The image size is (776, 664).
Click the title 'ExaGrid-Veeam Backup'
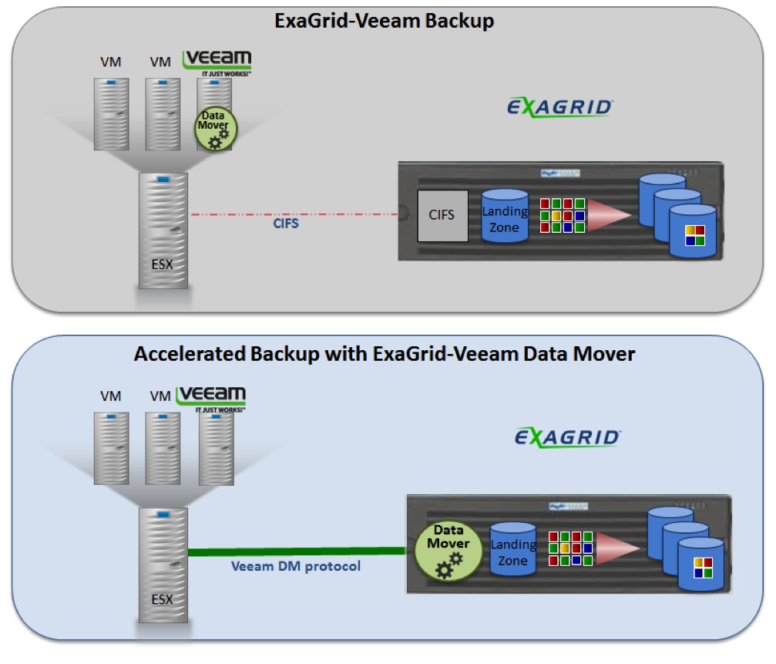(384, 21)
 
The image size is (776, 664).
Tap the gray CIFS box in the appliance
(442, 214)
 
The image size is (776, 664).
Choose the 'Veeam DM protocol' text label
(297, 566)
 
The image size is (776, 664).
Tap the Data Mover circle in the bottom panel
(448, 550)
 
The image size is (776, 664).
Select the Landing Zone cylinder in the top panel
(505, 216)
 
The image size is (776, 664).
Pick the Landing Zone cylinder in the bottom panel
(512, 549)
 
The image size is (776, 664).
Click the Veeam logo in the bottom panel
(211, 398)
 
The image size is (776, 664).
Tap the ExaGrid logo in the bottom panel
(567, 437)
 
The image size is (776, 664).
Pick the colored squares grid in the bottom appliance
(570, 548)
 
